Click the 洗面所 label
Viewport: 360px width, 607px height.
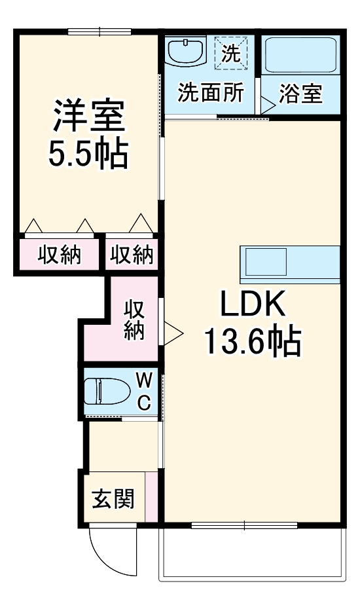click(x=211, y=93)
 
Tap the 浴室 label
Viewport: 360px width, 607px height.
click(x=300, y=94)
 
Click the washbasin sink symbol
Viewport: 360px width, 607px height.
click(x=187, y=50)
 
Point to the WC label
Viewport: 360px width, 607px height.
click(x=145, y=391)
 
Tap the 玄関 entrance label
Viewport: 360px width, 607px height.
click(x=113, y=499)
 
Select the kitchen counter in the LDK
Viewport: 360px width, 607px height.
click(x=289, y=264)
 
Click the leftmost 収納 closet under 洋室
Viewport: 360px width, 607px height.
click(x=58, y=254)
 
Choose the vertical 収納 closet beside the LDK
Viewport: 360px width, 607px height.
click(x=134, y=319)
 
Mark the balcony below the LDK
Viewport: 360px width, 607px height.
click(x=251, y=553)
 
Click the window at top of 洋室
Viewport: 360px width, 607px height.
click(x=99, y=31)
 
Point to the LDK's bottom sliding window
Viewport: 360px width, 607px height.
click(x=244, y=524)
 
